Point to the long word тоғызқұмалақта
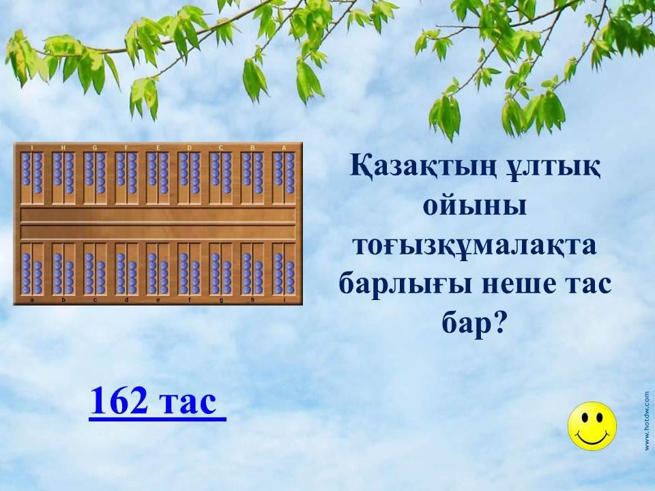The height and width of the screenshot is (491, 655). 475,246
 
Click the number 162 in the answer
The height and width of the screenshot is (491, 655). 119,400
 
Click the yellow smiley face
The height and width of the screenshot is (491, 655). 592,426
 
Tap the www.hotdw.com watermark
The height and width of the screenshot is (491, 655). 647,421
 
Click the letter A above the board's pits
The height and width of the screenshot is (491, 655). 284,148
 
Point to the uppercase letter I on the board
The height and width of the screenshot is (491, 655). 32,148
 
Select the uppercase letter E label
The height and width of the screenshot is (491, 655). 158,148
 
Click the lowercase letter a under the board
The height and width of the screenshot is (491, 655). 32,299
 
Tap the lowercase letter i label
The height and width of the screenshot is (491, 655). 284,299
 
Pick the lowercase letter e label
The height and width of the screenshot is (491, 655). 158,299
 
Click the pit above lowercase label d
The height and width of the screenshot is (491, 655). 127,269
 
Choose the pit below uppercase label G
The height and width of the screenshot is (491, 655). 95,178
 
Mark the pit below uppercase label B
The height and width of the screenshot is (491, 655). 252,178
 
